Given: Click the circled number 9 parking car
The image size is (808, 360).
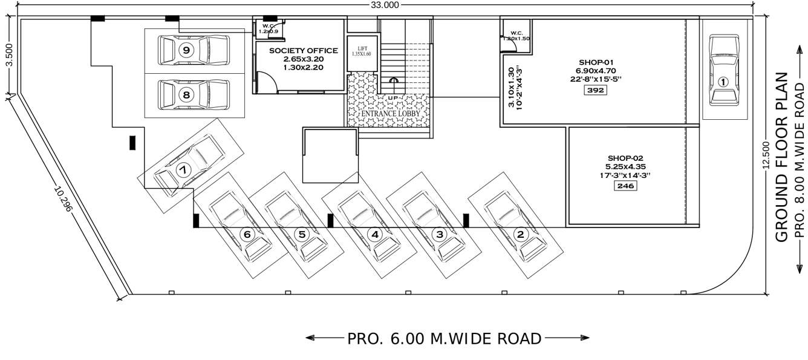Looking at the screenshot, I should [x=186, y=50].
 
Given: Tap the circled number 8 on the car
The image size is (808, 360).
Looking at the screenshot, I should [x=186, y=95].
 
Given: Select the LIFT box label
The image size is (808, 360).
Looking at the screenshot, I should [x=362, y=48].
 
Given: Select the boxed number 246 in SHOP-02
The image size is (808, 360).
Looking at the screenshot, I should [x=625, y=186].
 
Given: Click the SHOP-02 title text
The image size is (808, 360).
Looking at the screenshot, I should [x=625, y=157].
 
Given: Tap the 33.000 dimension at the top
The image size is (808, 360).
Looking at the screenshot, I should [x=385, y=5].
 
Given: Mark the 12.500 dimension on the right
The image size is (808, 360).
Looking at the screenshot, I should [x=766, y=155].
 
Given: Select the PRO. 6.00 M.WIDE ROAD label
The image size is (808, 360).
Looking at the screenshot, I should [x=444, y=339].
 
